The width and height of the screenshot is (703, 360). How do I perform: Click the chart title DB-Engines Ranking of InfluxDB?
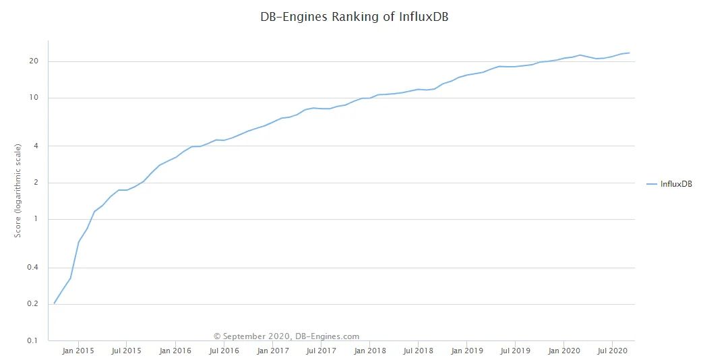(354, 18)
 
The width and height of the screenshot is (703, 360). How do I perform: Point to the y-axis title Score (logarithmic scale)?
(19, 191)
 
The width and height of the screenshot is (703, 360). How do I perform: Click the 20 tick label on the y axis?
(34, 62)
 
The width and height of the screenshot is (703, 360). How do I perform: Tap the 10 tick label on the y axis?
(34, 98)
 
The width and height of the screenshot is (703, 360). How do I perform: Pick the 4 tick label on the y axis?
(36, 146)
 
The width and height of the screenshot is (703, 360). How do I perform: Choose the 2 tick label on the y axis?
(36, 183)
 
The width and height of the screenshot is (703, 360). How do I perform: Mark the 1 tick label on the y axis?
(36, 220)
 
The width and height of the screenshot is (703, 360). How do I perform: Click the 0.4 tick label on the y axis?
(33, 268)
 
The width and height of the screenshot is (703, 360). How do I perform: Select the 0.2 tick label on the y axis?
(33, 305)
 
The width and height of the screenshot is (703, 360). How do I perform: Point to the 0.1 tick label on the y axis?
(33, 341)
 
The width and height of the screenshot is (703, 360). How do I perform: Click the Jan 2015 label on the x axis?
(78, 351)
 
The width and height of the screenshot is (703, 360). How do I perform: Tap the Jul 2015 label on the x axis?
(126, 351)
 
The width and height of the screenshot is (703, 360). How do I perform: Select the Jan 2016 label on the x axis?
(175, 351)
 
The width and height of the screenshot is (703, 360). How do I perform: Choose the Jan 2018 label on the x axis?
(370, 351)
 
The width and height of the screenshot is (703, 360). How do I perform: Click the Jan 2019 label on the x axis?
(467, 351)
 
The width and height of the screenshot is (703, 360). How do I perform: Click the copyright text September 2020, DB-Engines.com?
(286, 336)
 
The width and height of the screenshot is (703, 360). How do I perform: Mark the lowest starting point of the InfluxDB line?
(54, 304)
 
